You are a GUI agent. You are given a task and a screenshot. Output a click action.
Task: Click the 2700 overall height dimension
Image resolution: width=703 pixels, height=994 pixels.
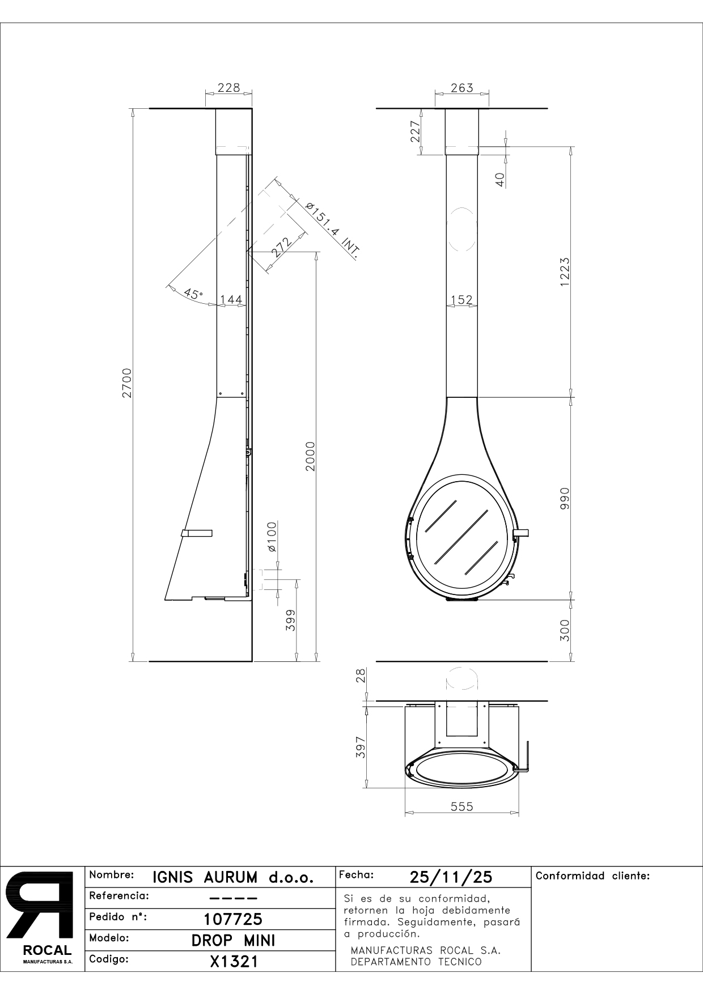point(127,383)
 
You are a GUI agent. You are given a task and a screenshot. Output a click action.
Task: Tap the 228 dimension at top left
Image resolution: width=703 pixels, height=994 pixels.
point(229,88)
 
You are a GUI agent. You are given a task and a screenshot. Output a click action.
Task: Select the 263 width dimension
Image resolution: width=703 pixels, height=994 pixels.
point(461,88)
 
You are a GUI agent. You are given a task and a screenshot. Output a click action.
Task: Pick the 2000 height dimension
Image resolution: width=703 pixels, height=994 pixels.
point(310,456)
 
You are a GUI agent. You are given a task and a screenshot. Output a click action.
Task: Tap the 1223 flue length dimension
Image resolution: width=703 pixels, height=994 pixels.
point(565,273)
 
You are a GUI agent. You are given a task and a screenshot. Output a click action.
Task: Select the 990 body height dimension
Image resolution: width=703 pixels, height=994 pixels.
point(565,499)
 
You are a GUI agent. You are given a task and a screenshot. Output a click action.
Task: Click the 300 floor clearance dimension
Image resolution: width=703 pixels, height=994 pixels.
point(565,630)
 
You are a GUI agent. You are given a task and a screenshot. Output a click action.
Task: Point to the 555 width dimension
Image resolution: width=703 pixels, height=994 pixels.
point(461,806)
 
